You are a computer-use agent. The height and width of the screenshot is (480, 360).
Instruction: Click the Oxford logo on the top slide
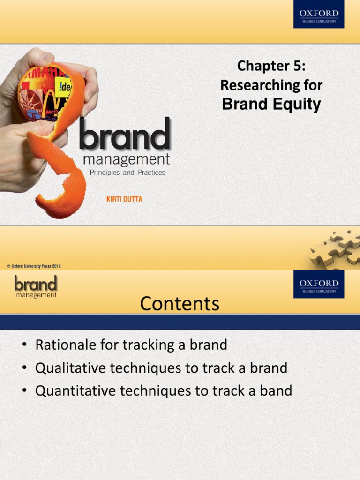point(319,14)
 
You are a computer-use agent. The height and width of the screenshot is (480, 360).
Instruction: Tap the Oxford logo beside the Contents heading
point(319,284)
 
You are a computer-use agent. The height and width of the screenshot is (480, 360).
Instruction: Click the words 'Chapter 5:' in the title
point(271,66)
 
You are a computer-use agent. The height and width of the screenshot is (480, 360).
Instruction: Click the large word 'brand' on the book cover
point(125,134)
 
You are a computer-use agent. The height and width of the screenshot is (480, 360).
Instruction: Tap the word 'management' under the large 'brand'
point(126,160)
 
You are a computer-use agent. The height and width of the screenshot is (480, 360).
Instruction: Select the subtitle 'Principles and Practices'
point(127,172)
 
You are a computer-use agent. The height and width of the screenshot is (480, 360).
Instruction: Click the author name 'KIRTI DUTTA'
point(124,199)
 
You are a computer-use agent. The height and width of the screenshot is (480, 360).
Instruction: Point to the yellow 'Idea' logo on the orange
point(63,87)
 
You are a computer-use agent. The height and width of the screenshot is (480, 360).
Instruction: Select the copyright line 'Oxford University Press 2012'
point(34,266)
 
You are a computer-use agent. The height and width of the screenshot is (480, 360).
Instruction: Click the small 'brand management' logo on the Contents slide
point(36,286)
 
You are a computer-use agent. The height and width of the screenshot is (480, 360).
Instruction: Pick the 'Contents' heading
point(180,304)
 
